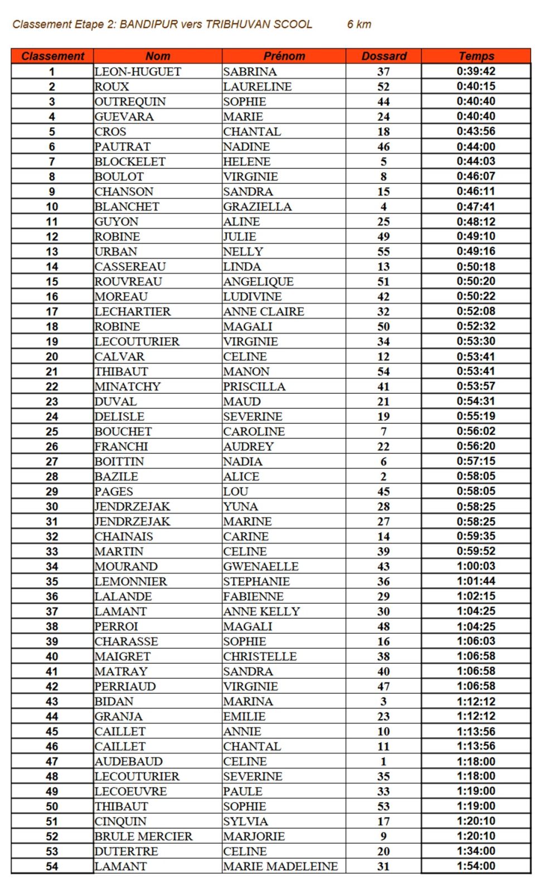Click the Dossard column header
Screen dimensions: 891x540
pyautogui.click(x=383, y=56)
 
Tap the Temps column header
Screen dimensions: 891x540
pyautogui.click(x=476, y=56)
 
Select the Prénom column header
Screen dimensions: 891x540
pyautogui.click(x=284, y=56)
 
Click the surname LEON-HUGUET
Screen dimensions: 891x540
pyautogui.click(x=138, y=72)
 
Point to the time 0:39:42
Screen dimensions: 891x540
pyautogui.click(x=476, y=71)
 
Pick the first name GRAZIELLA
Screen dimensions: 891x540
pyautogui.click(x=257, y=207)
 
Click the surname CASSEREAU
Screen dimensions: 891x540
pyautogui.click(x=130, y=267)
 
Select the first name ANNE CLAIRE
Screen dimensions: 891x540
pyautogui.click(x=264, y=312)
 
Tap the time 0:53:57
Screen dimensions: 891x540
pyautogui.click(x=476, y=386)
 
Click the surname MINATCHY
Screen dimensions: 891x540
pyautogui.click(x=128, y=386)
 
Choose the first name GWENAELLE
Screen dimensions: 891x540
pyautogui.click(x=261, y=566)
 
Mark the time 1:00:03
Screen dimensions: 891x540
pyautogui.click(x=476, y=566)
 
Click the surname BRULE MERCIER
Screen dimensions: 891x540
pyautogui.click(x=143, y=836)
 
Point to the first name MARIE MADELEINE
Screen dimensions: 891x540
pyautogui.click(x=280, y=866)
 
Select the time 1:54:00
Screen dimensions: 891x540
pyautogui.click(x=476, y=866)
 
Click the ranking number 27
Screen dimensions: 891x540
pyautogui.click(x=52, y=462)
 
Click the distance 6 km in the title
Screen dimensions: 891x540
pyautogui.click(x=359, y=25)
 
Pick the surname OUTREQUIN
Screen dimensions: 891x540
pyautogui.click(x=130, y=102)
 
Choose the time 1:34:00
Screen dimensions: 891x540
pyautogui.click(x=476, y=851)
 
